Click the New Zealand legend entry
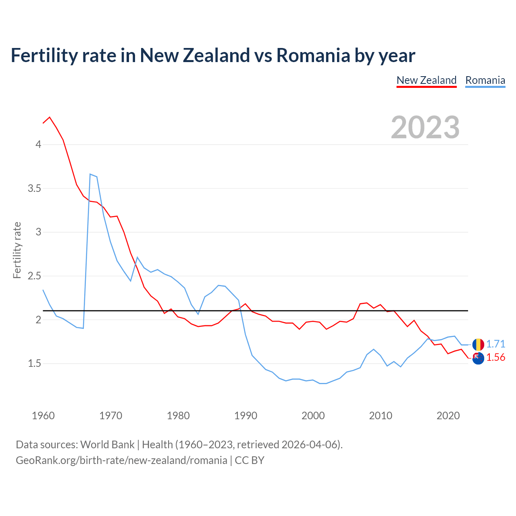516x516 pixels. tap(427, 80)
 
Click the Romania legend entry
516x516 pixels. tap(485, 80)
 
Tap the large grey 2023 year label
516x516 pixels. tap(425, 127)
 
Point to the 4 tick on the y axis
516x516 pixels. tap(38, 144)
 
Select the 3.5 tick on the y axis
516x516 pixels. tap(35, 188)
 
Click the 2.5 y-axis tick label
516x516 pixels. tap(35, 276)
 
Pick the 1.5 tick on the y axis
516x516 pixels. tap(35, 364)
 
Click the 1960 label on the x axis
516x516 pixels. tap(43, 416)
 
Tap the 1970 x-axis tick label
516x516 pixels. tap(110, 416)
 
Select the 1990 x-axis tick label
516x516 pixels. tap(246, 416)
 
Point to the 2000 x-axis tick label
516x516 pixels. tap(313, 416)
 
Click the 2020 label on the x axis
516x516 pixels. tap(448, 416)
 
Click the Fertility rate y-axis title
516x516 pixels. tap(17, 250)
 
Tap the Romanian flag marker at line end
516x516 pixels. tap(478, 344)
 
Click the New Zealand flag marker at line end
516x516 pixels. tap(478, 358)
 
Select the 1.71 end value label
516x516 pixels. tap(495, 344)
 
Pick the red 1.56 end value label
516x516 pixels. tap(495, 358)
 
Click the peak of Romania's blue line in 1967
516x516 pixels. tap(90, 174)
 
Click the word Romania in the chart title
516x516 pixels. tap(313, 56)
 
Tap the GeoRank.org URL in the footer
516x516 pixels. tap(121, 460)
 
